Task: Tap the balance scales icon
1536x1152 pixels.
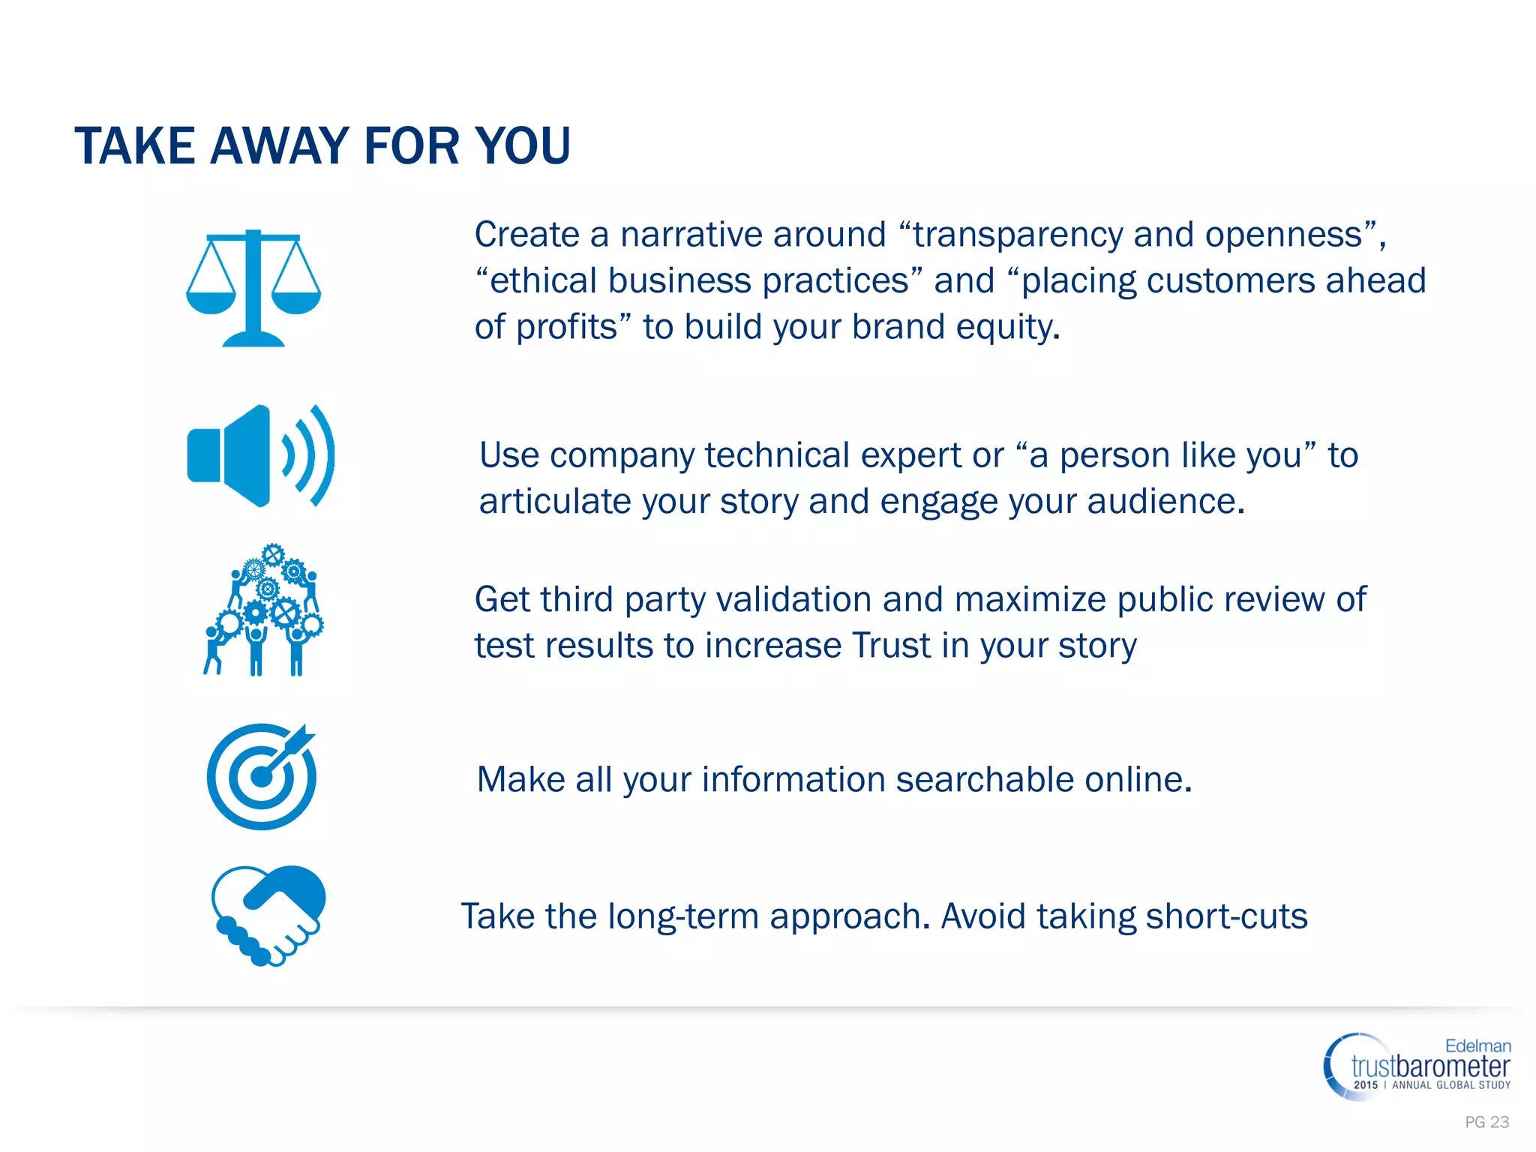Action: [x=253, y=288]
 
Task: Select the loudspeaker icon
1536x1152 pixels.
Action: [x=260, y=455]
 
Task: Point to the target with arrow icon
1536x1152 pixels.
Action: [x=262, y=776]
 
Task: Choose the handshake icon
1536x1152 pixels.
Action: [x=268, y=916]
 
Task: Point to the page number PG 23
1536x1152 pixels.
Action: [x=1486, y=1122]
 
